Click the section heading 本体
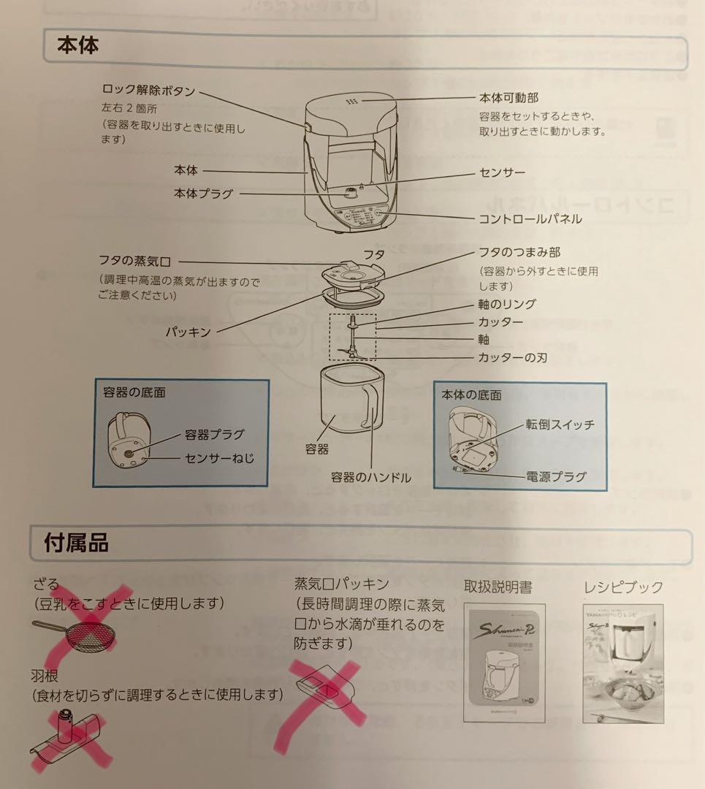tap(78, 45)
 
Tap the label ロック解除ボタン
tap(148, 91)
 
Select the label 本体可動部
tap(508, 97)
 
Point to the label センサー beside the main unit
tap(502, 173)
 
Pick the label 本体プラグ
tap(203, 194)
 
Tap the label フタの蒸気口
tap(139, 261)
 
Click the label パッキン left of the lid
tap(188, 332)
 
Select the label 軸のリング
tap(507, 305)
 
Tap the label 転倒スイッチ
tap(560, 424)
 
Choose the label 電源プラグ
tap(556, 477)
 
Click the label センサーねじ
tap(217, 459)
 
